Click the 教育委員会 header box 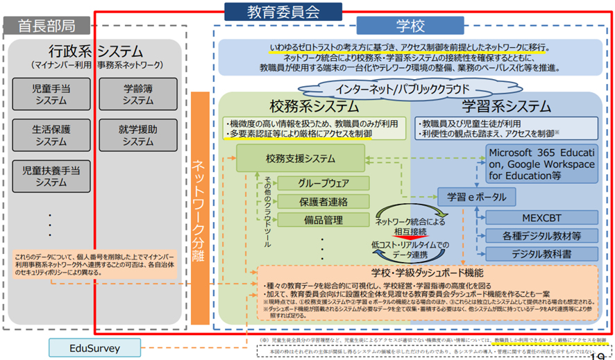(x=283, y=11)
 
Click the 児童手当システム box (x=51, y=94)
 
